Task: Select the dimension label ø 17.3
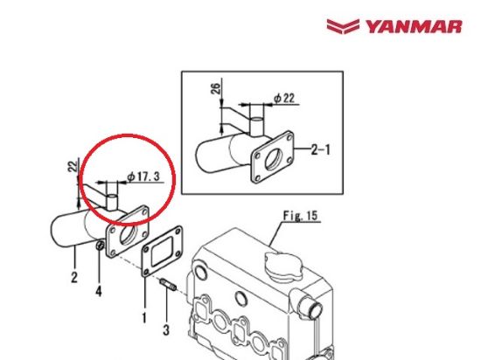pos(144,177)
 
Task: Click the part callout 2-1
pos(321,150)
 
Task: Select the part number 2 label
pos(73,278)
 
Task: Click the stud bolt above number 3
pos(166,285)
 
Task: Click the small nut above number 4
pos(101,253)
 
